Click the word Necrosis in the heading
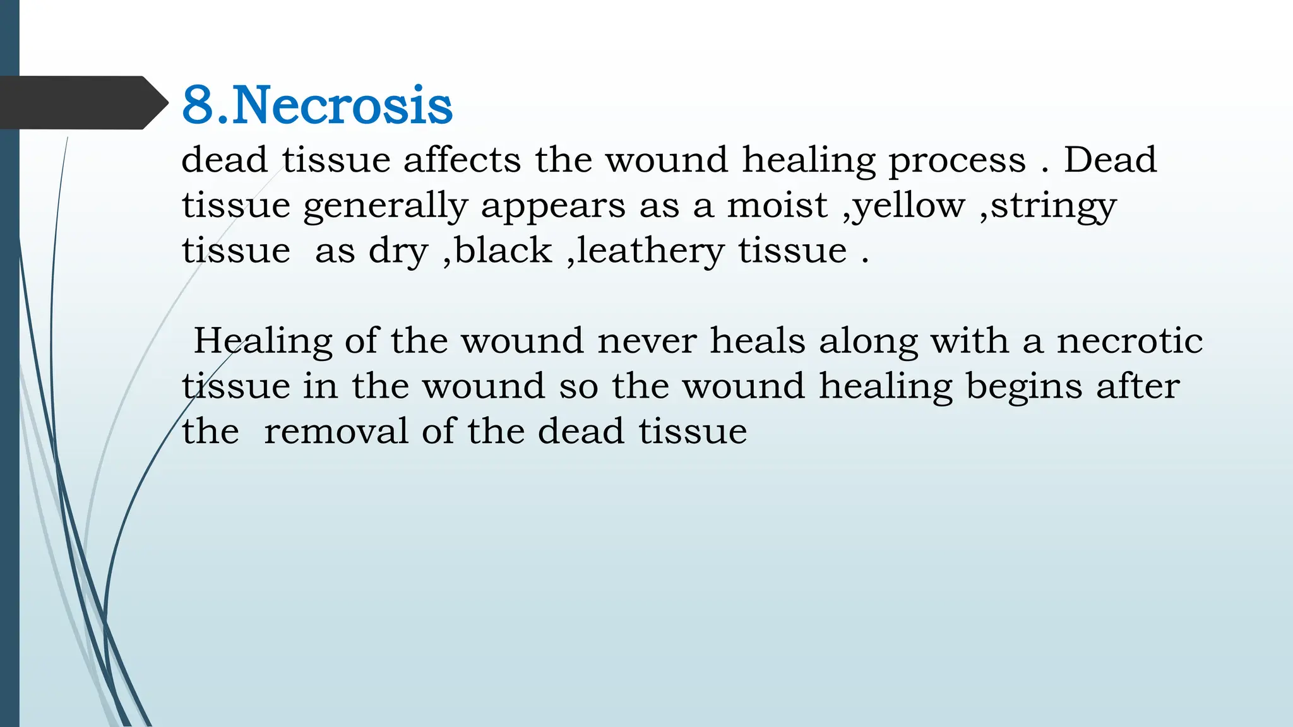point(342,105)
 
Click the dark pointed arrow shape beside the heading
point(82,102)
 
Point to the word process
point(957,160)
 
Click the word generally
point(385,206)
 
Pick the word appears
point(553,206)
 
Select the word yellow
point(909,206)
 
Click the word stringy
point(1053,206)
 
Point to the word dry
point(398,251)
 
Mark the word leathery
point(650,251)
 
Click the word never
point(646,341)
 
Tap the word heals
point(758,341)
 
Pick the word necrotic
point(1129,341)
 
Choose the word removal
point(336,432)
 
